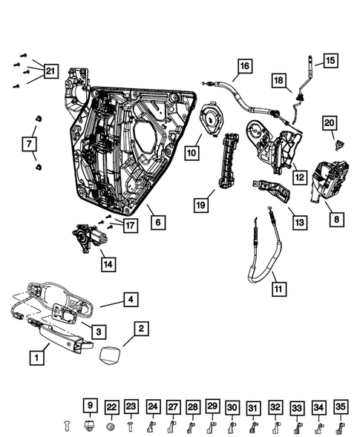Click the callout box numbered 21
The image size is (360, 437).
point(50,72)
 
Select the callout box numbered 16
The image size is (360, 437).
point(244,66)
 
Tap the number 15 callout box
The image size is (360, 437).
point(330,60)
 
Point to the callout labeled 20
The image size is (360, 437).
point(330,122)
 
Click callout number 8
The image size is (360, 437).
point(338,219)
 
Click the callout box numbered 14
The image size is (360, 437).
point(109,262)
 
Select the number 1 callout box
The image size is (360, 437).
point(35,357)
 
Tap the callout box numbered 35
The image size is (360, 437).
point(340,407)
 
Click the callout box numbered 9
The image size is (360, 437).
point(89,406)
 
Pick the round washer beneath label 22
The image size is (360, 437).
point(111,427)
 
